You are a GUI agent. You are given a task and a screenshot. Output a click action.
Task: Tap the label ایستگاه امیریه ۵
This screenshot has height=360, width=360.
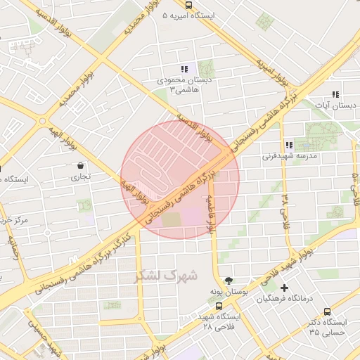tap(191, 15)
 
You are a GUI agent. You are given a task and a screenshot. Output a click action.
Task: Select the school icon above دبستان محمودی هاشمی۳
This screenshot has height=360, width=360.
tap(184, 69)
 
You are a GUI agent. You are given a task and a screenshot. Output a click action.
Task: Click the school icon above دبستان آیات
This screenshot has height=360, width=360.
tap(335, 94)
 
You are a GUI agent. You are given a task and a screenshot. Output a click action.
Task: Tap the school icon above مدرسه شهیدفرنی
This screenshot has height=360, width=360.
tap(289, 145)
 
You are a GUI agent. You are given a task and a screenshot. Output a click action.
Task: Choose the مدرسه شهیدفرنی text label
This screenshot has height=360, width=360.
tap(290, 155)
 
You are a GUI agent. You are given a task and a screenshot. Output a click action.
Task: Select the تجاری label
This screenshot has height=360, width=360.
tap(79, 178)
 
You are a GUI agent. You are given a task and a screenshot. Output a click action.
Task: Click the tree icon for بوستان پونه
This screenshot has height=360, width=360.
tap(228, 279)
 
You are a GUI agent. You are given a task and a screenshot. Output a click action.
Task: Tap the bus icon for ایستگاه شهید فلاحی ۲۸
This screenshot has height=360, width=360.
tap(219, 307)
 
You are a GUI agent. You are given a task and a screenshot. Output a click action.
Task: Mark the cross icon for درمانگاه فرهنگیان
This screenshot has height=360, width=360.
tap(284, 288)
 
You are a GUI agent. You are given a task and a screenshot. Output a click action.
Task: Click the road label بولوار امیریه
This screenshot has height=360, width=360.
tap(273, 69)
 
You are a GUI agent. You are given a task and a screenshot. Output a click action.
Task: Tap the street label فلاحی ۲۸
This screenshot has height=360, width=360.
tap(285, 206)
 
